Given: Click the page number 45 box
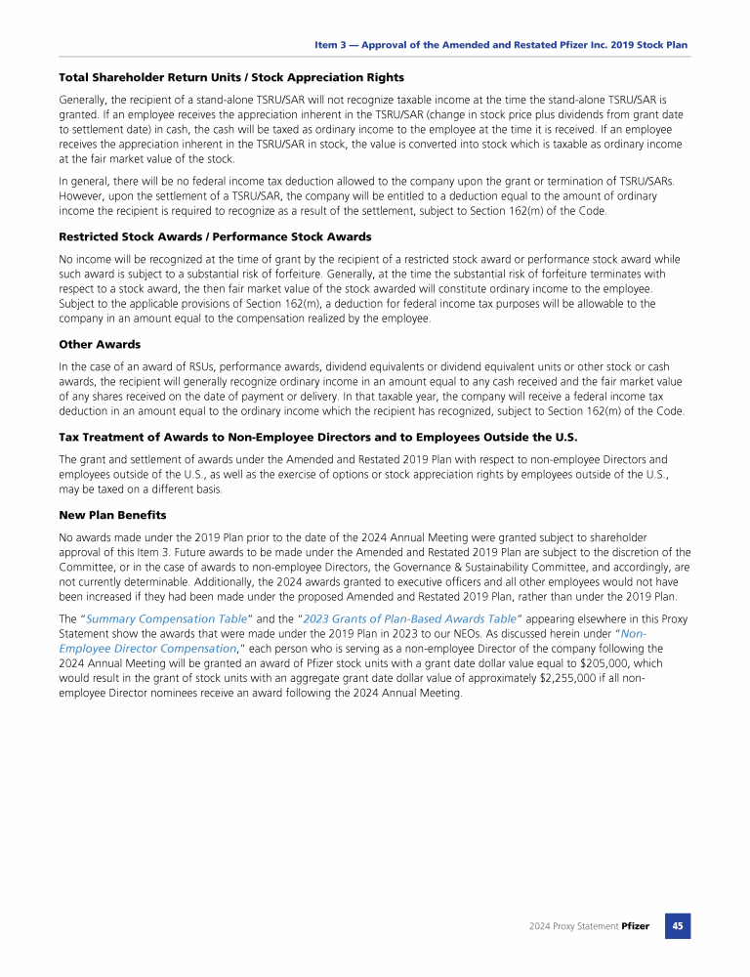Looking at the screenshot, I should coord(678,925).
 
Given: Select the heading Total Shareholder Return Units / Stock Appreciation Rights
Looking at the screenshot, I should coord(231,77).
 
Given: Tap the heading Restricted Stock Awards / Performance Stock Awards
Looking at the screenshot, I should coord(215,236).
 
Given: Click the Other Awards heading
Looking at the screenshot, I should coord(100,344).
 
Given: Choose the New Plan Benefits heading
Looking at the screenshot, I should coord(112,514).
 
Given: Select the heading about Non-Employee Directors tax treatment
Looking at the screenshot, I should coord(318,437).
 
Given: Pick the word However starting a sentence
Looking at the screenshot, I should coord(84,195).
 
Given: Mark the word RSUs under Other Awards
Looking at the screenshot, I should coord(187,366).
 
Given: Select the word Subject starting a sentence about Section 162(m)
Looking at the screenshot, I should coord(79,304).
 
